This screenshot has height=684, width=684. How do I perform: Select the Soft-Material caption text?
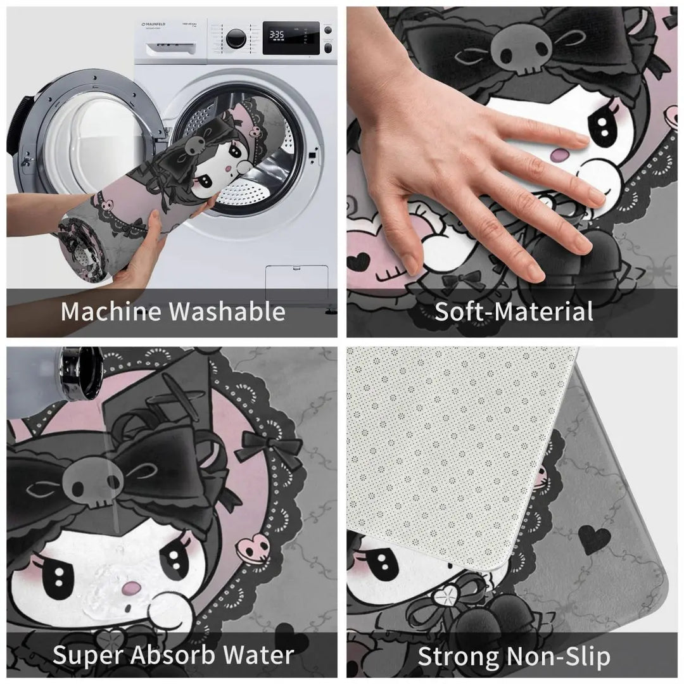pos(513,312)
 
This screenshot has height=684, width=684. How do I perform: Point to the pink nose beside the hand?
pos(560,155)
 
